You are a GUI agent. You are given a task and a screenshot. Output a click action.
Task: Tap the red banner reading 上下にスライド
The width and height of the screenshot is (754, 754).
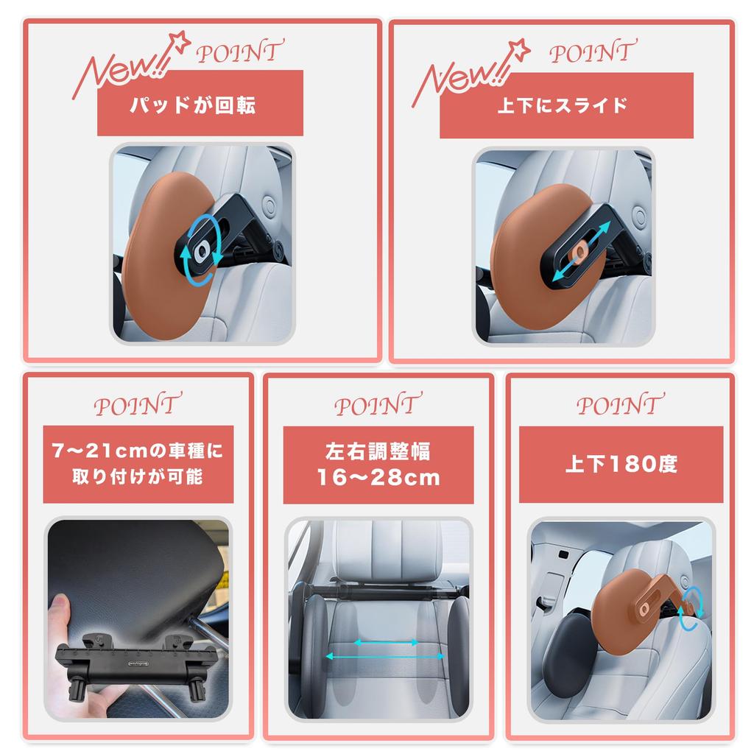tap(565, 105)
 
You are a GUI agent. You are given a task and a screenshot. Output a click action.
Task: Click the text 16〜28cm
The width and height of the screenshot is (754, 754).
tap(378, 478)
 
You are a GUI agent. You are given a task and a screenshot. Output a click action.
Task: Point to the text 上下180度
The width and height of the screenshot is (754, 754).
tap(621, 465)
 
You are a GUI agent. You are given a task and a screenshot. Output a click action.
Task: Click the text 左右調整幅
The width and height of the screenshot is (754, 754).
tap(378, 449)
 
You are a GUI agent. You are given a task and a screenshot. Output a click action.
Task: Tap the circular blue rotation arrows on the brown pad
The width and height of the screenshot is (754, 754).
tap(200, 253)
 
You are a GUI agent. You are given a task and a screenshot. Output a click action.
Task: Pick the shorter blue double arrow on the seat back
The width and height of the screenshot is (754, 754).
tap(387, 642)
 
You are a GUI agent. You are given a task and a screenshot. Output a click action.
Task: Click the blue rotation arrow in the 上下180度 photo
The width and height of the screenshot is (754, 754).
tap(691, 608)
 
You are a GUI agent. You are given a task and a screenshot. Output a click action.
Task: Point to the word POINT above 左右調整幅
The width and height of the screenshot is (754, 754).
tap(378, 404)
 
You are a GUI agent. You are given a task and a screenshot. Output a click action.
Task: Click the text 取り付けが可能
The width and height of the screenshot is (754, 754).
tap(138, 477)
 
